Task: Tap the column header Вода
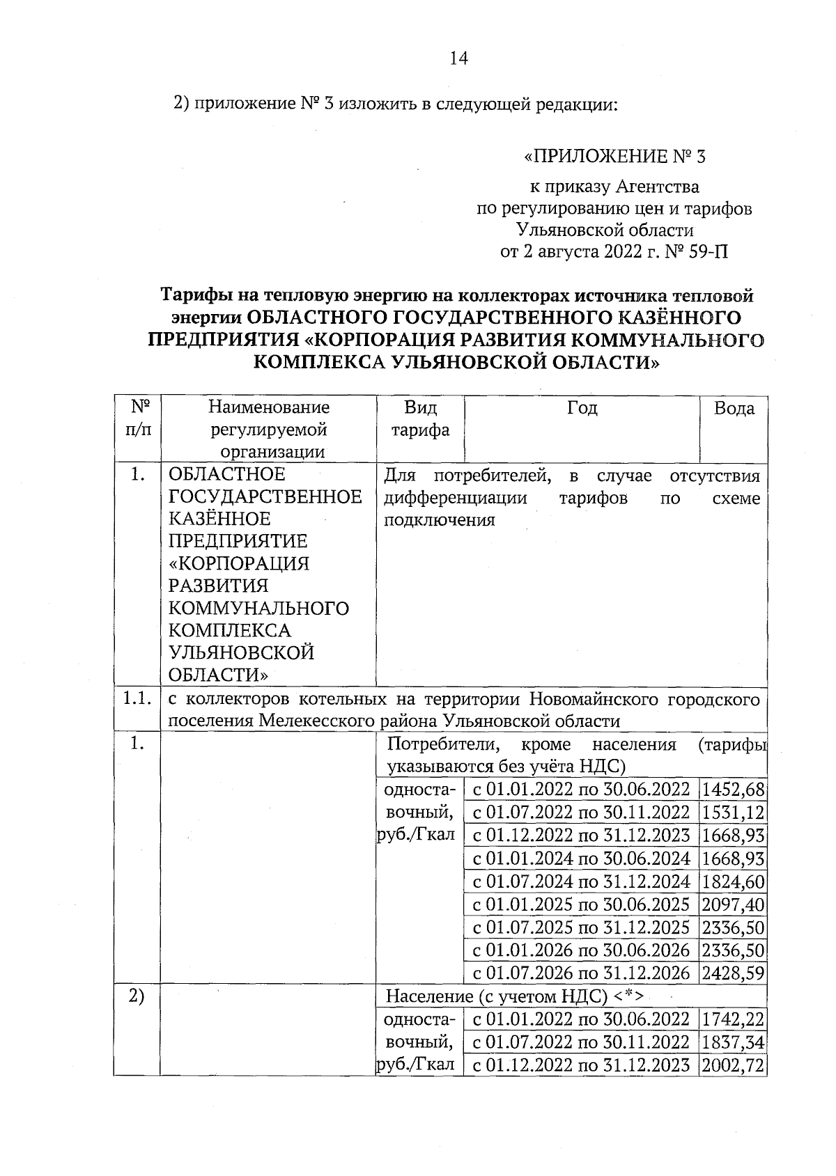click(734, 408)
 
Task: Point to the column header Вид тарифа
click(420, 418)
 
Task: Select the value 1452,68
click(734, 790)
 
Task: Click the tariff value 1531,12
click(734, 812)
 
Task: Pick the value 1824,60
click(734, 881)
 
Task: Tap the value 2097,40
click(734, 904)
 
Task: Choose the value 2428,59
click(734, 973)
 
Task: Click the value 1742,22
click(734, 1019)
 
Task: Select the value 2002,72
click(734, 1065)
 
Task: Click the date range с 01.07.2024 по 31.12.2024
click(581, 881)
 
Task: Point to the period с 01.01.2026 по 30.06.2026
click(581, 950)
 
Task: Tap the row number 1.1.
click(137, 698)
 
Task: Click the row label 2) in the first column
click(137, 996)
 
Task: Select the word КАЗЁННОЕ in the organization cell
click(219, 519)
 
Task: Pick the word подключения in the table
click(439, 520)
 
